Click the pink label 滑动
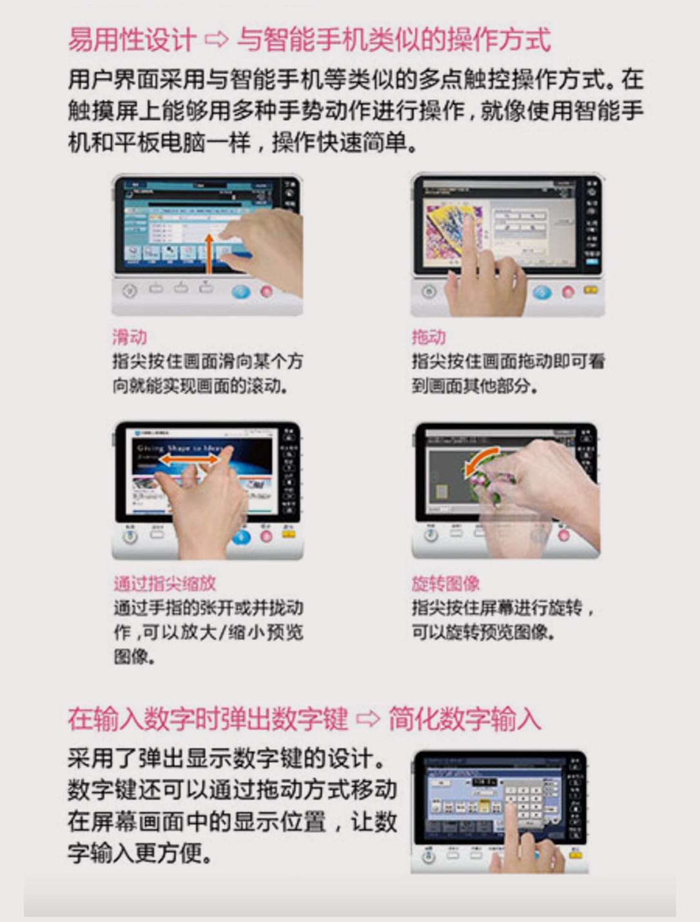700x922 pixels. [x=130, y=336]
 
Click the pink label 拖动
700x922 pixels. [x=429, y=336]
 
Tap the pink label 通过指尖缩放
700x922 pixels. [x=164, y=583]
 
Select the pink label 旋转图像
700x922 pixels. [x=445, y=583]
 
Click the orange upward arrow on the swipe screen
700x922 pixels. [x=208, y=253]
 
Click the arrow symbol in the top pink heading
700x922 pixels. [x=216, y=40]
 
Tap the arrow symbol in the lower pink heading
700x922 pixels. [x=368, y=718]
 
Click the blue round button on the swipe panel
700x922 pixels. [x=241, y=291]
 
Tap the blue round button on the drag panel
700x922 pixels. [x=542, y=292]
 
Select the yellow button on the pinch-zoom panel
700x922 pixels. [x=288, y=534]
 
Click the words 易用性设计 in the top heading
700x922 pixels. [x=131, y=40]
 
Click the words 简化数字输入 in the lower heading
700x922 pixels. [x=464, y=718]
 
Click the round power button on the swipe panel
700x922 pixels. [x=130, y=291]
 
